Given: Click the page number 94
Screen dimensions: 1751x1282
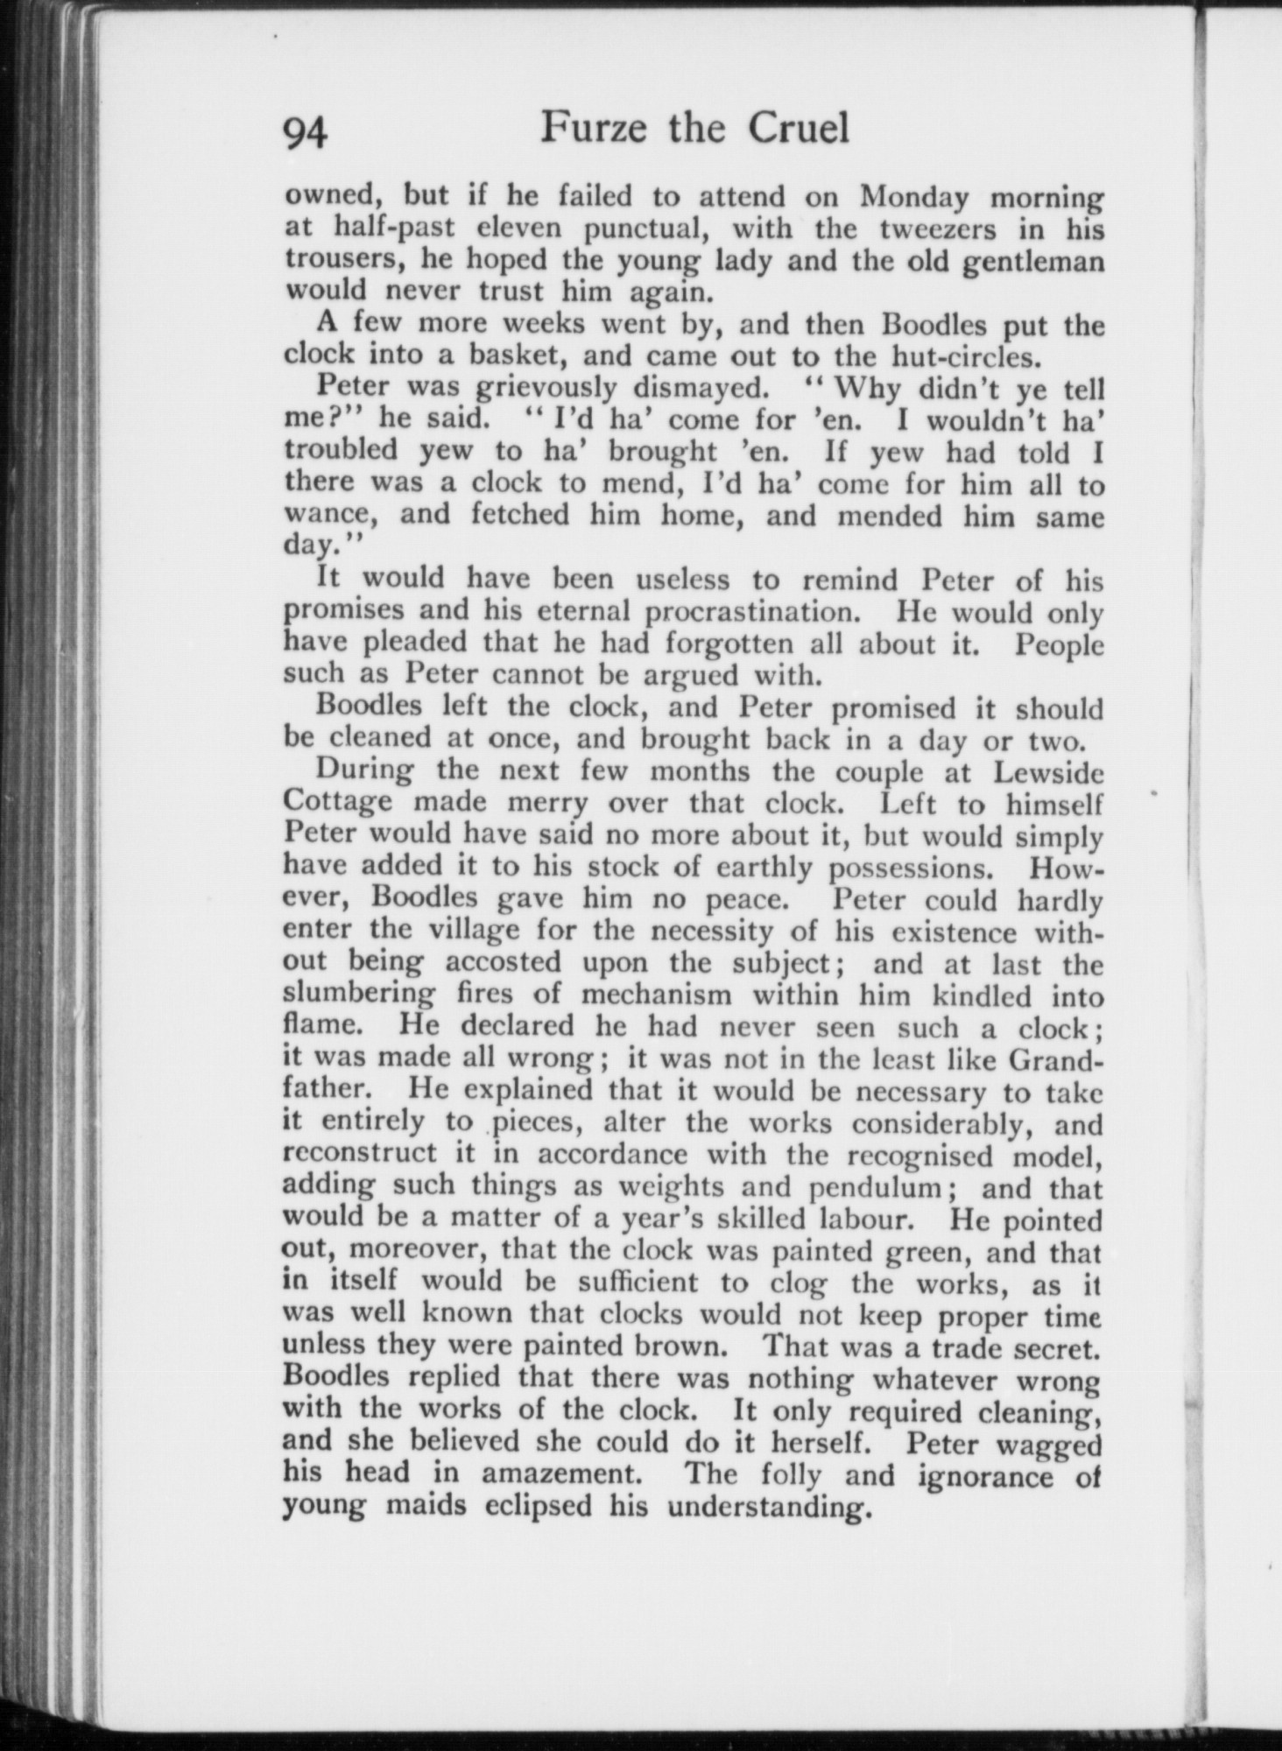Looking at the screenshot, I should [306, 133].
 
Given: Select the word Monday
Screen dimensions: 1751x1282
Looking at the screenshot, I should [913, 197].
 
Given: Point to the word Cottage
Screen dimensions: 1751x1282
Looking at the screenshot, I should [339, 804].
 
